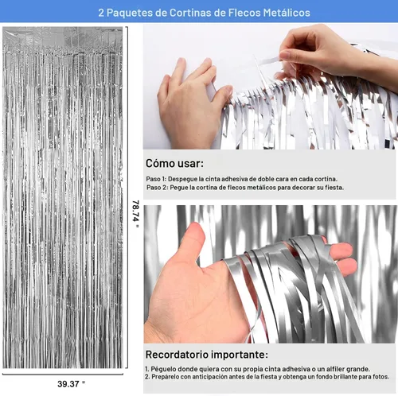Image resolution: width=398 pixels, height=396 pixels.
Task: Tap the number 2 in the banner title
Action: point(101,13)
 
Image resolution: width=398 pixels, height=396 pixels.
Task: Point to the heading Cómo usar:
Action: point(174,163)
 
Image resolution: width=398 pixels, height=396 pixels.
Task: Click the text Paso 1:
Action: point(156,179)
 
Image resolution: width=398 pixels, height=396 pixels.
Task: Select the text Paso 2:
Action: point(157,188)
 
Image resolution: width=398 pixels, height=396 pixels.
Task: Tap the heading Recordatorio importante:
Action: point(207,355)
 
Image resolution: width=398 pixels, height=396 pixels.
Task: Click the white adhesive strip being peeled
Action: point(266,61)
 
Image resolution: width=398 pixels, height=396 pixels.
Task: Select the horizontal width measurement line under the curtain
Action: point(63,375)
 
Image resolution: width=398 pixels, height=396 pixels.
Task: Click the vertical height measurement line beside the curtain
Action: point(127,197)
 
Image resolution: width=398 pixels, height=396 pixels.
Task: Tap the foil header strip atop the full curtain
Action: point(63,37)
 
